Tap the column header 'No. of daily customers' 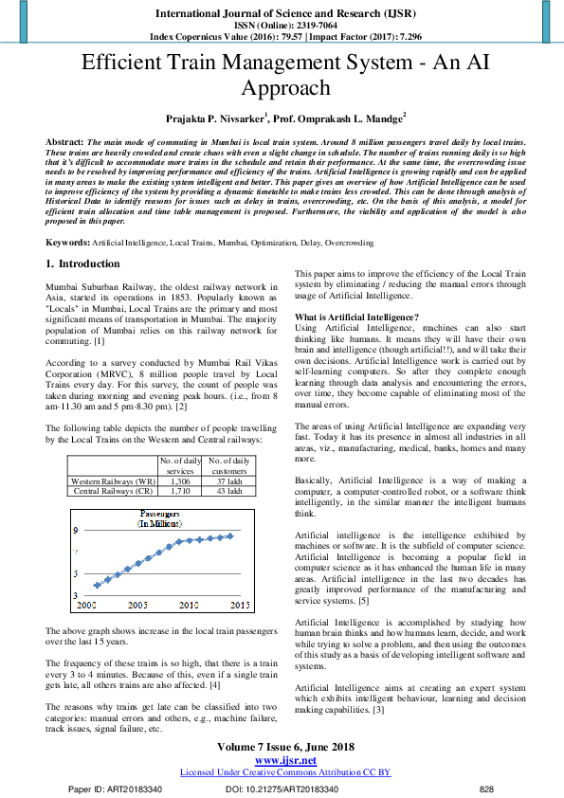[x=228, y=465]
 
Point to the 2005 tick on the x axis [x=137, y=604]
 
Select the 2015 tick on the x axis [x=240, y=604]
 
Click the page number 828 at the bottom [x=486, y=789]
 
